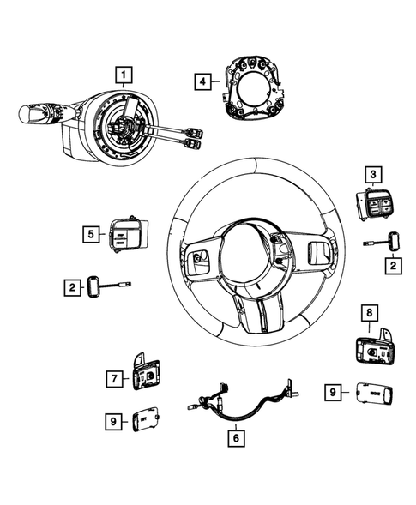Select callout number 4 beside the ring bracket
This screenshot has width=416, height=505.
[x=202, y=82]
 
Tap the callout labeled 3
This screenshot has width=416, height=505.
[x=373, y=175]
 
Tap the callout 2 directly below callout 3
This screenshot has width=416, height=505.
[x=393, y=267]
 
